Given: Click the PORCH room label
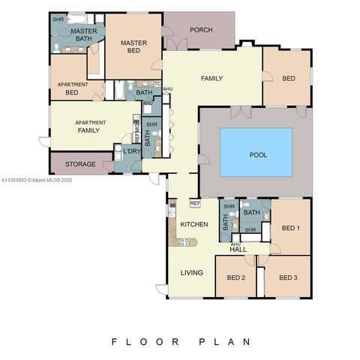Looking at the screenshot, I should click(x=200, y=30).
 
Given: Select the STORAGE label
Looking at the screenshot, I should click(x=80, y=164).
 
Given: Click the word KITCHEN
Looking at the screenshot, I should click(x=194, y=225).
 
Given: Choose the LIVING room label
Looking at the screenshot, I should click(x=191, y=272).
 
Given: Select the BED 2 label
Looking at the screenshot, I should click(x=236, y=277).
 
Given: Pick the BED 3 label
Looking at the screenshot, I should click(x=288, y=277).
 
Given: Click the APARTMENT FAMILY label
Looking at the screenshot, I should click(x=89, y=126).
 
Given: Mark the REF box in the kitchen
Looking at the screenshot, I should click(x=194, y=203).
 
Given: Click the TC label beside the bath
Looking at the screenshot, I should click(x=158, y=83).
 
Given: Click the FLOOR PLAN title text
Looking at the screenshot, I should click(x=180, y=341).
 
